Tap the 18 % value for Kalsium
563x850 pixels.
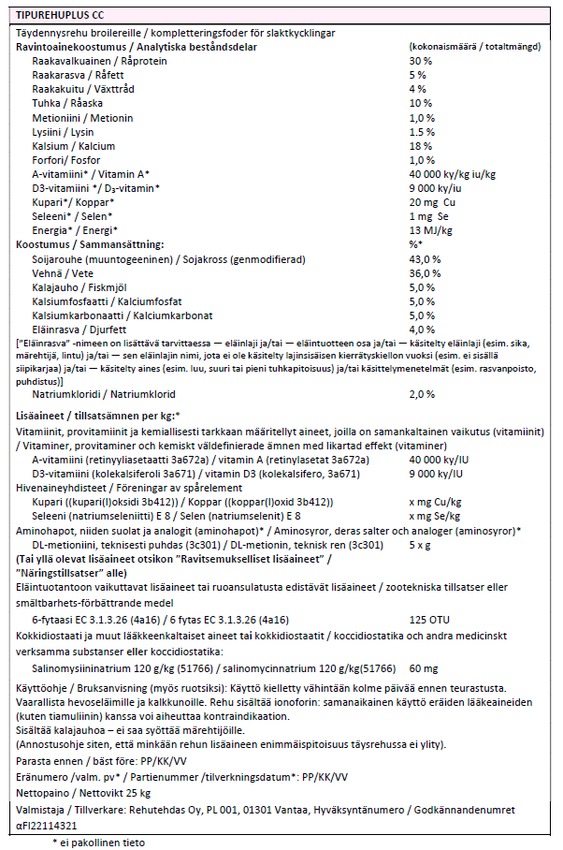419,146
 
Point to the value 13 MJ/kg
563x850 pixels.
427,230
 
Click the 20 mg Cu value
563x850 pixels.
430,202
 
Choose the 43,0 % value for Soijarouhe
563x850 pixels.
424,258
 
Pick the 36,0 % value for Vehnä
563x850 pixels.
424,272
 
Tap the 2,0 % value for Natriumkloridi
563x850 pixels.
423,394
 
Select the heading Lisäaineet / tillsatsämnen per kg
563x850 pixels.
98,415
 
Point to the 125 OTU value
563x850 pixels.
426,620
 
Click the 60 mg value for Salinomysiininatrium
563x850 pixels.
424,668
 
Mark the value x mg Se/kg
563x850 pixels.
433,516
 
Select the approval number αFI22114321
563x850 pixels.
48,826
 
